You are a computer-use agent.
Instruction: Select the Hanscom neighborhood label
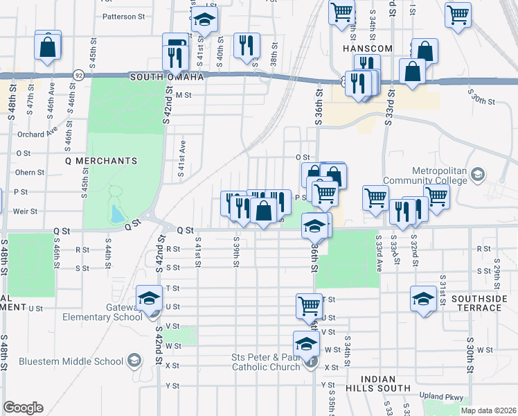pyautogui.click(x=368, y=49)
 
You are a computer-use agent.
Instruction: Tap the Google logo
pyautogui.click(x=23, y=408)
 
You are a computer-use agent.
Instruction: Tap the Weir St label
pyautogui.click(x=24, y=211)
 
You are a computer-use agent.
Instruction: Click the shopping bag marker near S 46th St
pyautogui.click(x=48, y=47)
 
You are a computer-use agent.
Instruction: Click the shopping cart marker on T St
pyautogui.click(x=309, y=306)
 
